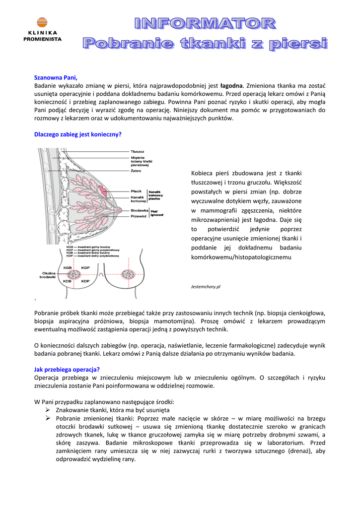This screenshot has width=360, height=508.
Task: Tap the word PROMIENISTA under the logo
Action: pos(43,39)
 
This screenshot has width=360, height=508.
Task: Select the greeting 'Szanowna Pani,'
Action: pos(56,78)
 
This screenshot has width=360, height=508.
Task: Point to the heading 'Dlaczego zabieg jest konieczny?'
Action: pos(78,134)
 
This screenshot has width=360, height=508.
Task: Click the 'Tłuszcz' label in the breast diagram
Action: pos(138,151)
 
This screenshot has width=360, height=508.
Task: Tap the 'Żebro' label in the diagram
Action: pos(136,171)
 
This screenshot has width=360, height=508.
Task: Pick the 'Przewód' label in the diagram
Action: pos(139,216)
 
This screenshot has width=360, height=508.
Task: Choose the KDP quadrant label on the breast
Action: pos(85,281)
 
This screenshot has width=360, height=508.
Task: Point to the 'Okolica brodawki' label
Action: pos(48,275)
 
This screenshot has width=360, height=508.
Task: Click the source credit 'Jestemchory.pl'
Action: pos(205,287)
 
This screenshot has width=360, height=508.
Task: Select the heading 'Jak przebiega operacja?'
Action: pos(67,369)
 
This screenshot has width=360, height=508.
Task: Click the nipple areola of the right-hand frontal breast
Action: pos(132,274)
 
